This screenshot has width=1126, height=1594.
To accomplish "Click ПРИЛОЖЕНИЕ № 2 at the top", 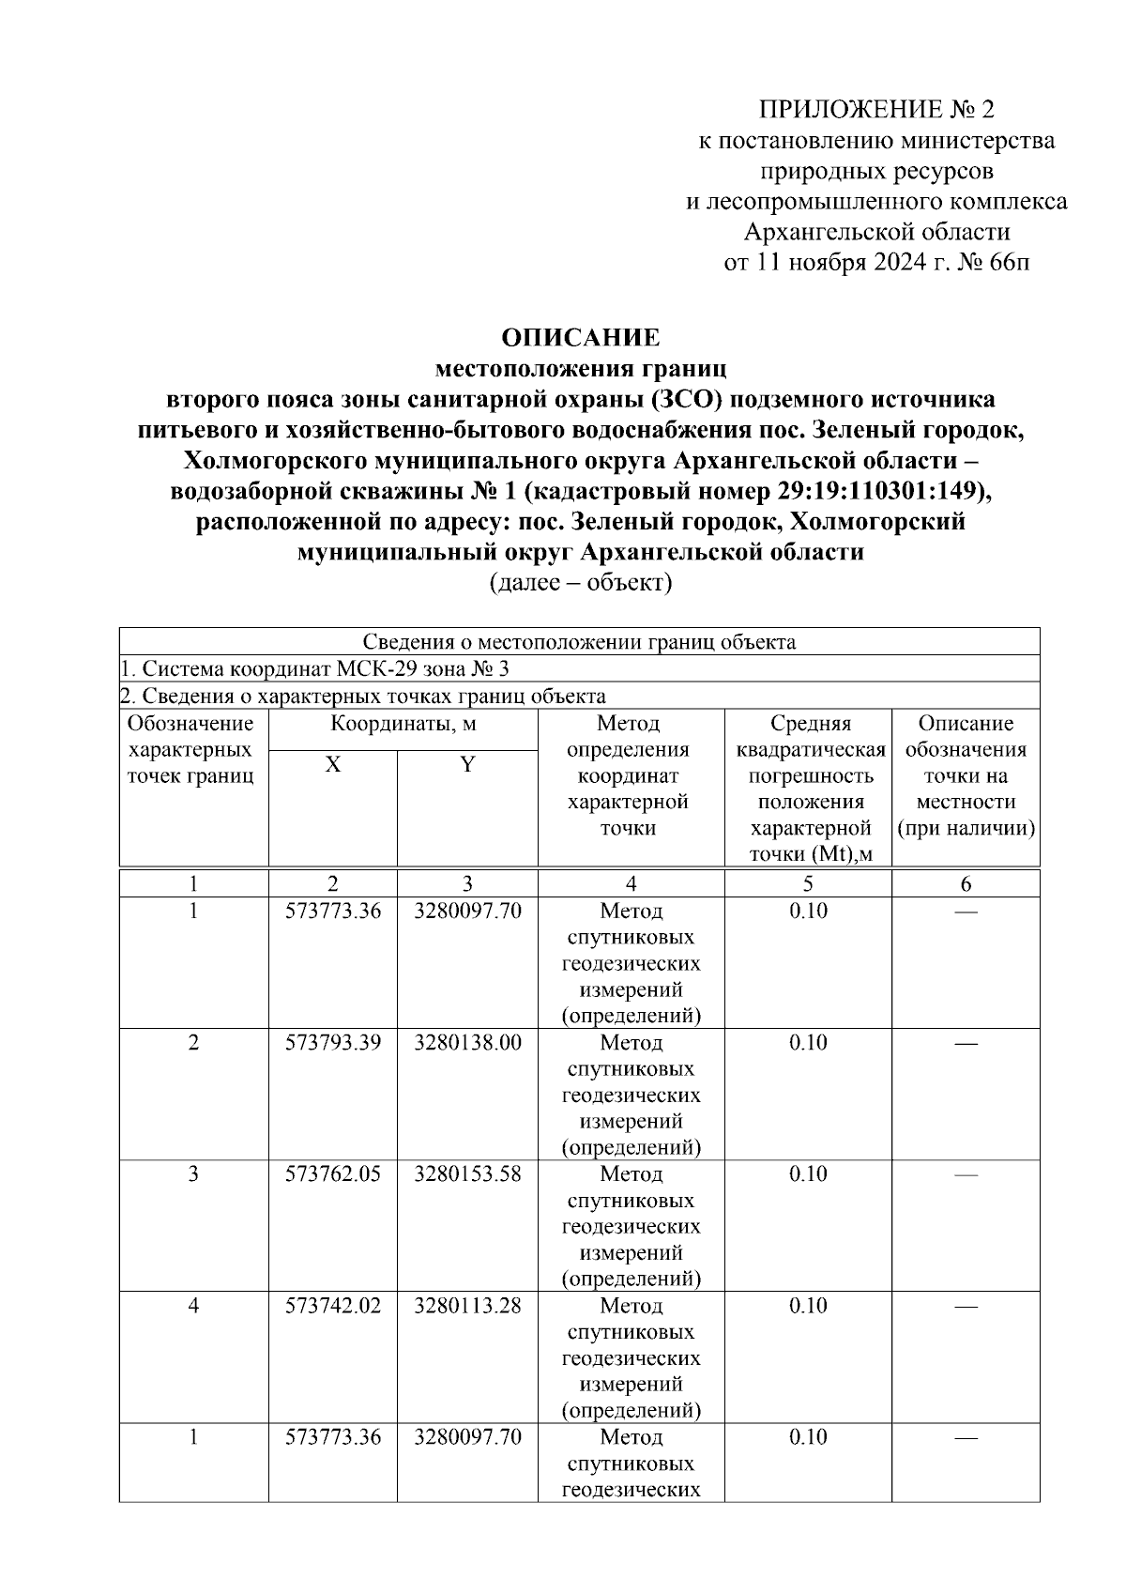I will click(x=875, y=110).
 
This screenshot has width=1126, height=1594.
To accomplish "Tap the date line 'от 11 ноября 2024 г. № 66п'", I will click(x=875, y=262).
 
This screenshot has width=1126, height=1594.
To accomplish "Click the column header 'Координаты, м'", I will click(x=403, y=724).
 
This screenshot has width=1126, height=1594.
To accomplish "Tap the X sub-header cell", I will click(x=332, y=765).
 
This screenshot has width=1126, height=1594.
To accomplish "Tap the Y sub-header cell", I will click(x=466, y=765).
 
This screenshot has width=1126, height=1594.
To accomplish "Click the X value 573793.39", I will click(x=333, y=1043).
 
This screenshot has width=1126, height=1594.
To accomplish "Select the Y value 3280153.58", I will click(x=467, y=1174).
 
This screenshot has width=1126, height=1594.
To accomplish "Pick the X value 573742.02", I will click(x=333, y=1306).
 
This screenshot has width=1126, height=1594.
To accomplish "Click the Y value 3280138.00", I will click(x=467, y=1043).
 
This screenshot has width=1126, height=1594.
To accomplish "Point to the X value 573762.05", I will click(x=333, y=1174).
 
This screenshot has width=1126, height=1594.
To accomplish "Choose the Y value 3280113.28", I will click(x=467, y=1306).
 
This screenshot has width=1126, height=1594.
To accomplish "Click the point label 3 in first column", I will click(x=193, y=1174).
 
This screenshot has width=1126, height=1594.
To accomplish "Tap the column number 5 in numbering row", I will click(x=807, y=883).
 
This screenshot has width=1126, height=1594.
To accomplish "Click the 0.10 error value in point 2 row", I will click(x=807, y=1043).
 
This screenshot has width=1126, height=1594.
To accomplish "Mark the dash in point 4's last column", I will click(x=966, y=1306).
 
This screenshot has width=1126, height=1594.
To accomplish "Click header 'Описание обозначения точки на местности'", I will click(x=966, y=776).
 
